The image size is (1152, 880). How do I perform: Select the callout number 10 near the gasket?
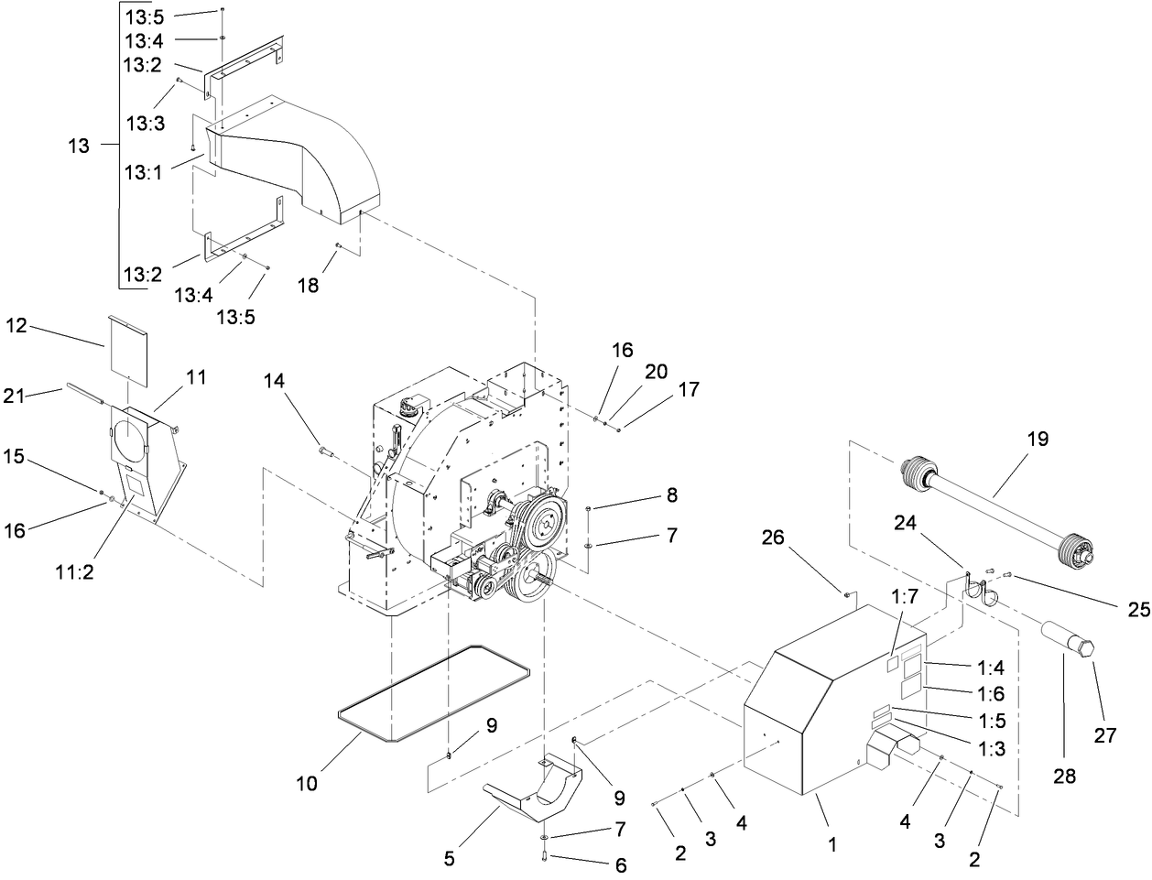308,785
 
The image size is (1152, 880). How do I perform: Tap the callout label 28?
1064,776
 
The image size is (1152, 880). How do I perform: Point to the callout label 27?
1105,733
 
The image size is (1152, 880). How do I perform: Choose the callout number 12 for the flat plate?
17,324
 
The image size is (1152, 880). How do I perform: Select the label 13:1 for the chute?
144,171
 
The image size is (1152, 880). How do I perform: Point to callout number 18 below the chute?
309,285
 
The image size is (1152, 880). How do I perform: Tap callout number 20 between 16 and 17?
655,372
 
